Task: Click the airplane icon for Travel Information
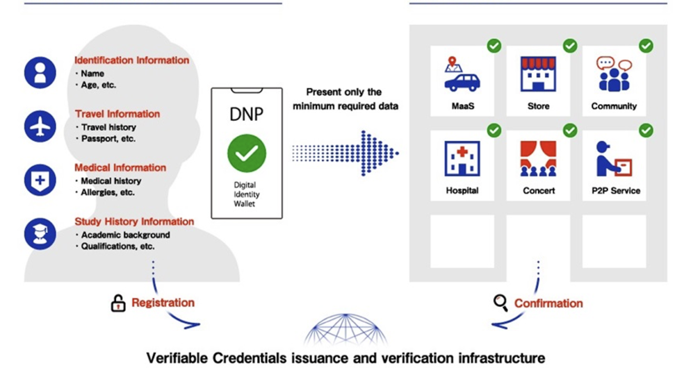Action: pyautogui.click(x=40, y=127)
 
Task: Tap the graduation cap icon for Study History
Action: pyautogui.click(x=40, y=234)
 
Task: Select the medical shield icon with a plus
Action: pyautogui.click(x=40, y=180)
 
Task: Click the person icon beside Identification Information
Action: pyautogui.click(x=40, y=73)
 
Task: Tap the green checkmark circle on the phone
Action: pyautogui.click(x=246, y=153)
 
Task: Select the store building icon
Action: pyautogui.click(x=538, y=74)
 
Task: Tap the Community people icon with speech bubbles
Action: pyautogui.click(x=613, y=74)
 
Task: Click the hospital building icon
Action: pyautogui.click(x=462, y=158)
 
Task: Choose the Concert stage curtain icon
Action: pyautogui.click(x=538, y=158)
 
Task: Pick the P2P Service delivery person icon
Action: pyautogui.click(x=613, y=158)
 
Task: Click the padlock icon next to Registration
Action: pyautogui.click(x=118, y=303)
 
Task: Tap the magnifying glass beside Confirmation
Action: pyautogui.click(x=500, y=302)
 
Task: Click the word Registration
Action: pyautogui.click(x=163, y=303)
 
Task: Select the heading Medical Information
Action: pyautogui.click(x=120, y=168)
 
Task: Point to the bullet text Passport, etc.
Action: pyautogui.click(x=108, y=139)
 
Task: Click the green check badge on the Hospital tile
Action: pyautogui.click(x=494, y=130)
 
